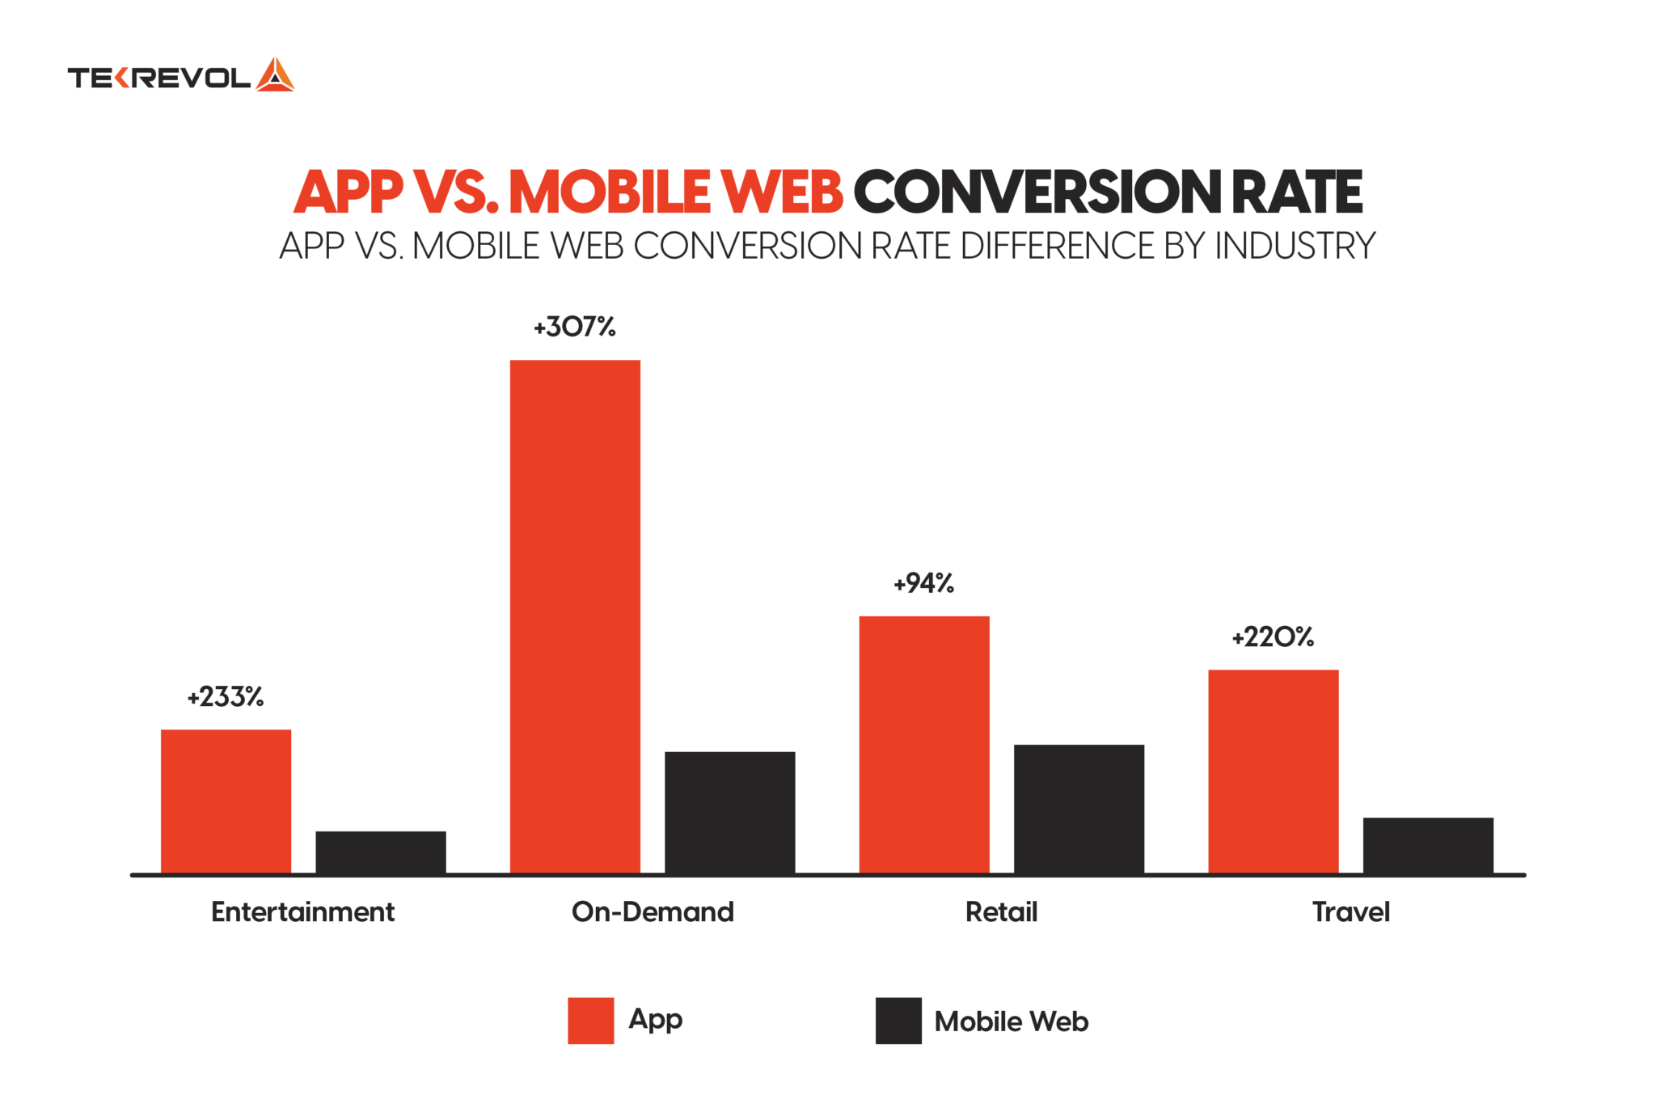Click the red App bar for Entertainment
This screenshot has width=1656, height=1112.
[x=226, y=801]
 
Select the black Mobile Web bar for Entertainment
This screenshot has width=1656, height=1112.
[x=380, y=852]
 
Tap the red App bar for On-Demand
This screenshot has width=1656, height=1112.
[x=575, y=616]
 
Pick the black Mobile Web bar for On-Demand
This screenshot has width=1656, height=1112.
[x=729, y=813]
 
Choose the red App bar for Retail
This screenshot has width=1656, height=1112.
[x=924, y=744]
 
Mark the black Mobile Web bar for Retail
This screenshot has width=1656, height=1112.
[x=1079, y=809]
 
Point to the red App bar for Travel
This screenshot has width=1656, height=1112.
[x=1274, y=772]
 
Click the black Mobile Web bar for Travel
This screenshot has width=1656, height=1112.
[x=1428, y=846]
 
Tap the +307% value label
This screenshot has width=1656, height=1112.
[x=574, y=327]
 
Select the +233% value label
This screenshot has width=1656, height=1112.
[x=226, y=697]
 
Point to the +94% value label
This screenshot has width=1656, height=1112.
[x=923, y=583]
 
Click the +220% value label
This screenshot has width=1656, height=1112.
[x=1273, y=637]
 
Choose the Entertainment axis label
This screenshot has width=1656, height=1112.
[x=302, y=912]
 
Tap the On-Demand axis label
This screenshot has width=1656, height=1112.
[x=653, y=912]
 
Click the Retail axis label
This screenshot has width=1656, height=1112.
[x=1001, y=912]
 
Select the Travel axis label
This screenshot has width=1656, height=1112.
[x=1350, y=912]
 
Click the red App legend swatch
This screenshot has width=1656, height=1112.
[x=590, y=1021]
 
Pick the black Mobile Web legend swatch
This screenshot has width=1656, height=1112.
[x=898, y=1021]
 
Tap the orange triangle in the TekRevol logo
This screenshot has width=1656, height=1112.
[x=275, y=75]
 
